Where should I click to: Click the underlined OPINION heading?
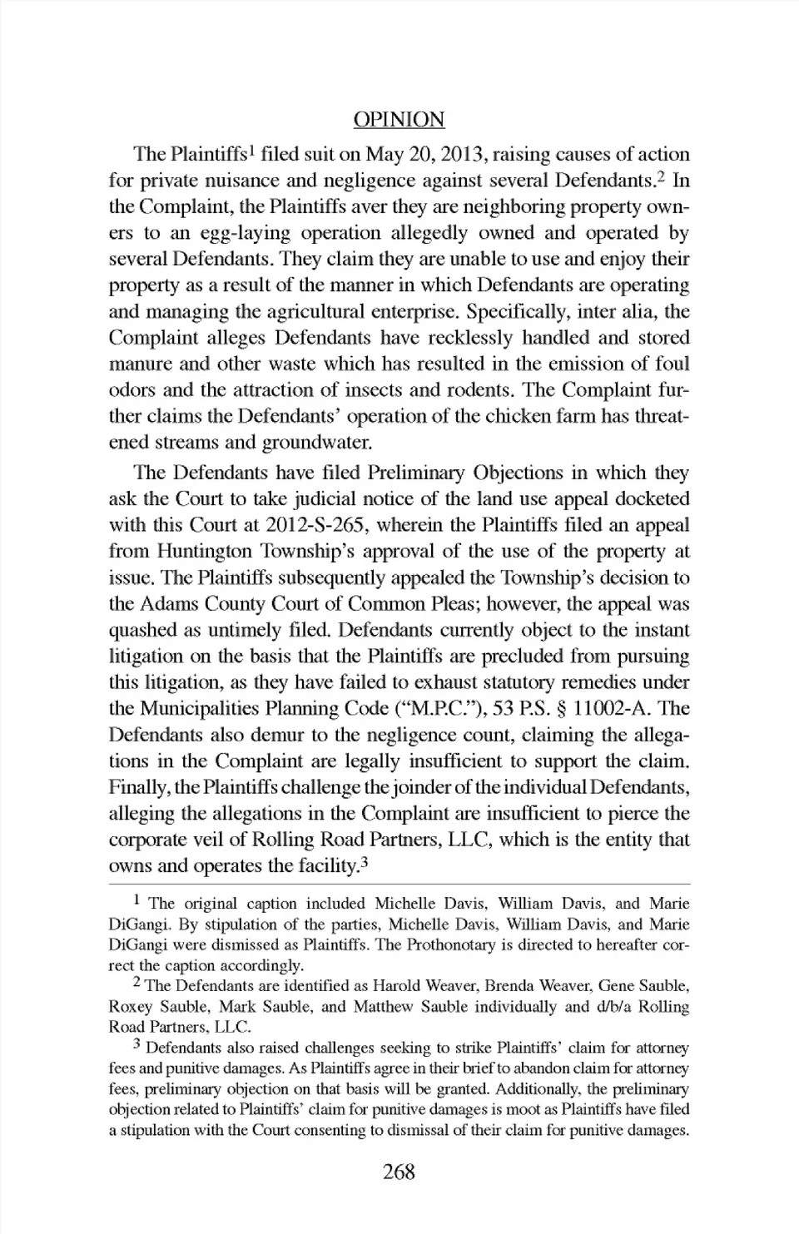pyautogui.click(x=399, y=120)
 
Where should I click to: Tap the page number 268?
pyautogui.click(x=399, y=1172)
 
